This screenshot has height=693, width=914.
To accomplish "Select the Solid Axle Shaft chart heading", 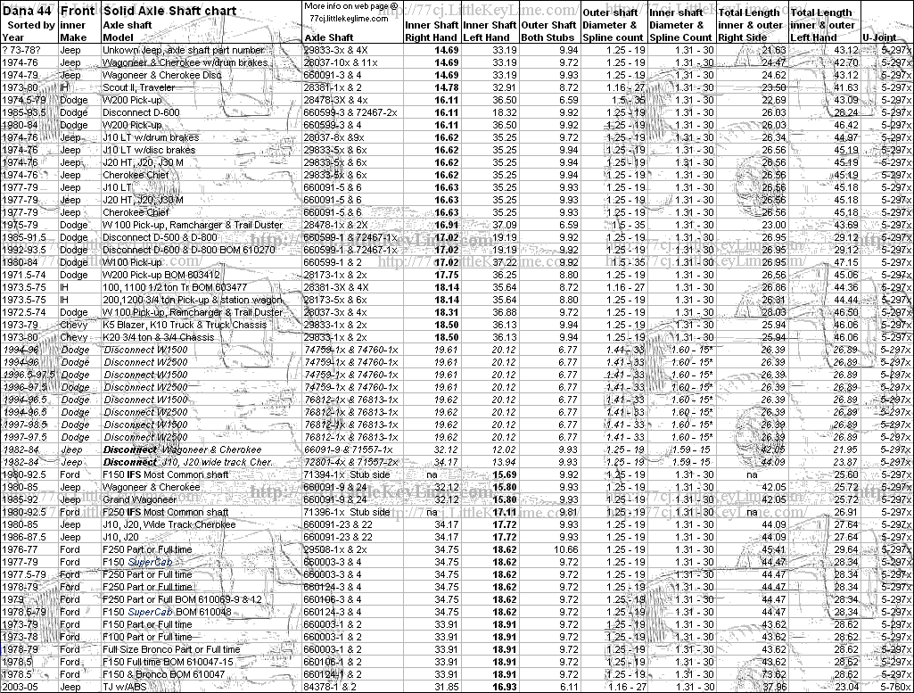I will coord(170,11).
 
